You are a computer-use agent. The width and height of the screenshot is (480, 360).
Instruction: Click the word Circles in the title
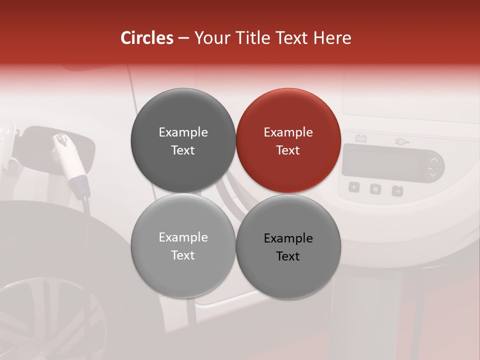(x=146, y=38)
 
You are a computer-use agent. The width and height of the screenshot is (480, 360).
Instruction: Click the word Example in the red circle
(x=288, y=132)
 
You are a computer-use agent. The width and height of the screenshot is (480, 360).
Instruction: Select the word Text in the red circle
(x=288, y=150)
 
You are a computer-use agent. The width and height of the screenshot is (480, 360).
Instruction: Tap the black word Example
(x=288, y=238)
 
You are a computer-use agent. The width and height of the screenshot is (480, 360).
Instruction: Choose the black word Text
(x=288, y=256)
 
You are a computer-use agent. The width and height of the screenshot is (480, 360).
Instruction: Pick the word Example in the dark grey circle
(x=183, y=132)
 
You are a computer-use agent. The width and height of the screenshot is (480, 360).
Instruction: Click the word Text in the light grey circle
(x=183, y=255)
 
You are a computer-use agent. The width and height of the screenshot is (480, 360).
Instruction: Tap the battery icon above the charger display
(x=360, y=138)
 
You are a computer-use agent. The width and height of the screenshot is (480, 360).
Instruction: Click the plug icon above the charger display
(x=401, y=142)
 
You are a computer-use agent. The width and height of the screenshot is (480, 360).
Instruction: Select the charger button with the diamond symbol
(x=354, y=187)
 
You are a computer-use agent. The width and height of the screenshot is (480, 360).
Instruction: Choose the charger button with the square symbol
(x=375, y=189)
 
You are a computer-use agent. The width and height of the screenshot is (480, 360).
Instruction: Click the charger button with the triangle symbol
(x=397, y=190)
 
